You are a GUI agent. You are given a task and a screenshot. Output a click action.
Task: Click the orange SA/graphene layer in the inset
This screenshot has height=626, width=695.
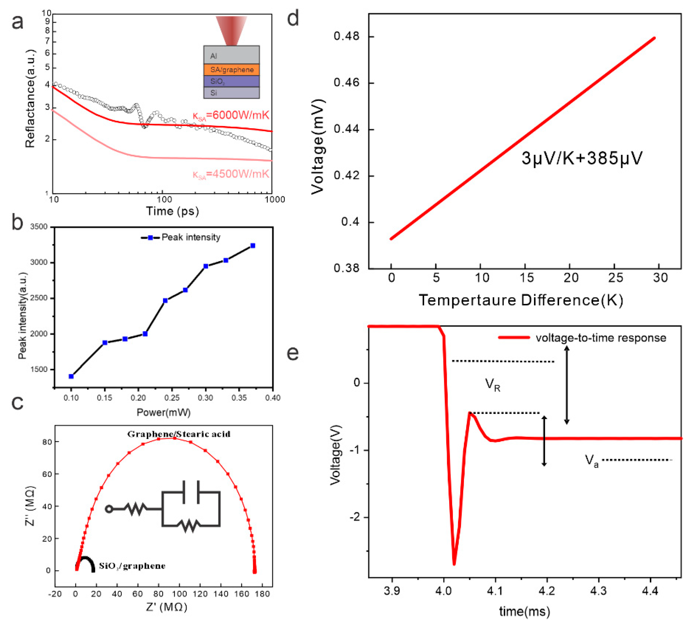pyautogui.click(x=232, y=69)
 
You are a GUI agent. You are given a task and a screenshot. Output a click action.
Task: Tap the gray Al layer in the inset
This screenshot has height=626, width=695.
pyautogui.click(x=232, y=55)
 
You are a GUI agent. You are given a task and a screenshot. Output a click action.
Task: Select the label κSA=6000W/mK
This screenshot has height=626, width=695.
pyautogui.click(x=231, y=115)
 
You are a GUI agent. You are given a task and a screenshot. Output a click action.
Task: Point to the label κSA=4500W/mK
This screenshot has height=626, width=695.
pyautogui.click(x=231, y=174)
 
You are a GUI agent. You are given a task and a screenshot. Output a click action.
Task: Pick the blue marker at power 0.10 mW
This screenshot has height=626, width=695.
pyautogui.click(x=71, y=376)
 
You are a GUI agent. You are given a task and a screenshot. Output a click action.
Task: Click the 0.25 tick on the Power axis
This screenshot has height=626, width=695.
pyautogui.click(x=172, y=398)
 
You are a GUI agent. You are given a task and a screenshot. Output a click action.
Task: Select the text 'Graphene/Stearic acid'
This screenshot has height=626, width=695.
pyautogui.click(x=179, y=434)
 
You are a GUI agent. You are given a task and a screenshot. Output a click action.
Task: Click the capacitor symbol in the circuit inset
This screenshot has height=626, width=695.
pyautogui.click(x=191, y=492)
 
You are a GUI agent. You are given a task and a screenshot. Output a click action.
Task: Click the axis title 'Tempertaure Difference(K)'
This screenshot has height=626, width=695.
pyautogui.click(x=521, y=300)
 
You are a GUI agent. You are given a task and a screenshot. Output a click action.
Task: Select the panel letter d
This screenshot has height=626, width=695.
pyautogui.click(x=293, y=19)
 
